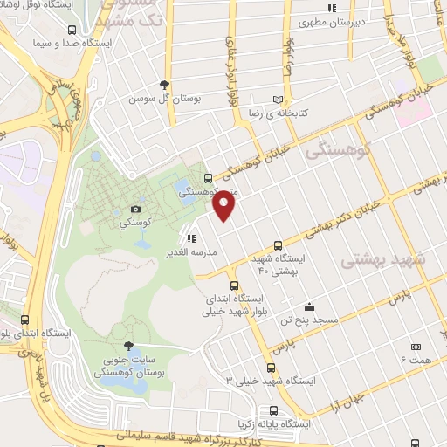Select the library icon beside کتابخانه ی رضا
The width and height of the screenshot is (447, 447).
click(279, 100)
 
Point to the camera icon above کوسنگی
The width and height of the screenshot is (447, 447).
click(134, 209)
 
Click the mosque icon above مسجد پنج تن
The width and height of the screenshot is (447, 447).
click(309, 306)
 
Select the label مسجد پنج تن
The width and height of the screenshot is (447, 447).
click(309, 320)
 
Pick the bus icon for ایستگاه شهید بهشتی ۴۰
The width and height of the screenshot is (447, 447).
click(278, 245)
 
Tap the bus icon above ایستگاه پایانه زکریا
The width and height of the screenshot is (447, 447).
click(274, 410)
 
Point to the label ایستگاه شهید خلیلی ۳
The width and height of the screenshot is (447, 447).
click(273, 382)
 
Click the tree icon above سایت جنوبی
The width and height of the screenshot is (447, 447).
click(129, 347)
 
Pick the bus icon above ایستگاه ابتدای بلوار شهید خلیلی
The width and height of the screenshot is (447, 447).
click(233, 285)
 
